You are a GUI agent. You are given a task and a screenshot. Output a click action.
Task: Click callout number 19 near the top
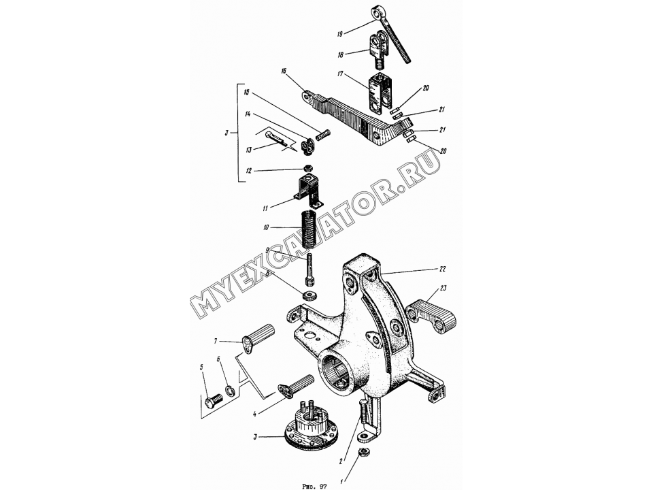340,34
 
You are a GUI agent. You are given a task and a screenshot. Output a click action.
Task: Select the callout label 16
284,71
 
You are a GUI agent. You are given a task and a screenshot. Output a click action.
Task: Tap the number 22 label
442,269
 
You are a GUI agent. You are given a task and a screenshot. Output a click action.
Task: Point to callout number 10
265,227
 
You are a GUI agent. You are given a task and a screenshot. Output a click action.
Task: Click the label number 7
216,342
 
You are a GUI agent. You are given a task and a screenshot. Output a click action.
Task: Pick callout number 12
249,171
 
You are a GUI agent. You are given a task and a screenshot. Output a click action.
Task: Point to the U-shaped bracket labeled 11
309,191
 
